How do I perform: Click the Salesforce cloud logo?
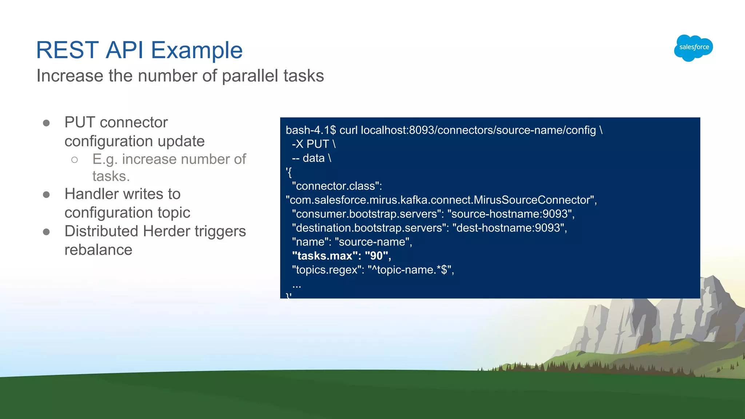point(693,48)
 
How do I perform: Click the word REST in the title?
point(68,50)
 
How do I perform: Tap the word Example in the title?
point(196,50)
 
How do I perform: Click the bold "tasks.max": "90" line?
point(341,256)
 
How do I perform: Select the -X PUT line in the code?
point(313,144)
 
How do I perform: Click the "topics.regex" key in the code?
point(327,270)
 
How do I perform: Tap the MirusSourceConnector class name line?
point(441,200)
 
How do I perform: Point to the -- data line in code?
point(311,158)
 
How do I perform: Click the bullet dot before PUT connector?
point(46,123)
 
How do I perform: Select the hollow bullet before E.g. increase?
point(75,160)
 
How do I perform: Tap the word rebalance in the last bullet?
point(98,250)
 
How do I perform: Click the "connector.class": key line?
point(336,186)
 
